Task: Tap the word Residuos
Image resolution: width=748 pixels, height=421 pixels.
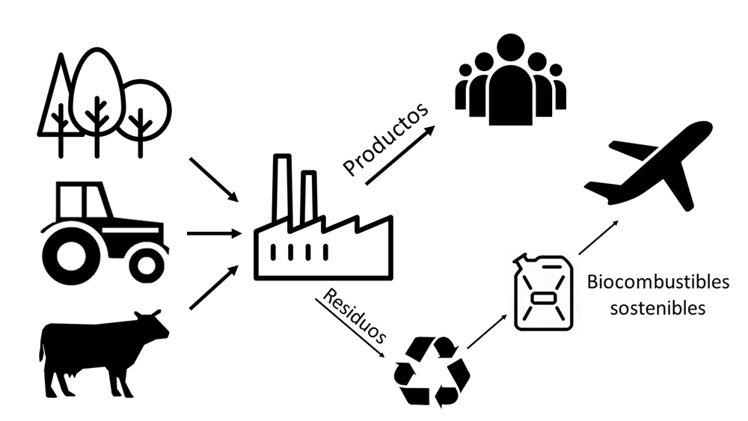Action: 355,316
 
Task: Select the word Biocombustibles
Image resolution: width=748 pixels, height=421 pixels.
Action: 657,283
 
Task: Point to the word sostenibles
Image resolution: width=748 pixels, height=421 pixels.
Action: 657,308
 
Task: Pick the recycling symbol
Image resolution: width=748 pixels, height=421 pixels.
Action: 432,372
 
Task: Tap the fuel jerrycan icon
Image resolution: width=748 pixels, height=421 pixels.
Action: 544,292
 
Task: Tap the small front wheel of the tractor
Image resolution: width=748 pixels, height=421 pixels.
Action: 147,262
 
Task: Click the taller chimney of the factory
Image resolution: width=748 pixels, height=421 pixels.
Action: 281,190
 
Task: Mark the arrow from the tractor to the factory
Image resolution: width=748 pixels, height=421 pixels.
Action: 212,233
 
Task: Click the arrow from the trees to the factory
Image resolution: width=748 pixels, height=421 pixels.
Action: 213,179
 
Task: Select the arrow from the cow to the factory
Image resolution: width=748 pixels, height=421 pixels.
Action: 213,289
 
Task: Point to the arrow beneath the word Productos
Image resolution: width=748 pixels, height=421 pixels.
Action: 399,156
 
